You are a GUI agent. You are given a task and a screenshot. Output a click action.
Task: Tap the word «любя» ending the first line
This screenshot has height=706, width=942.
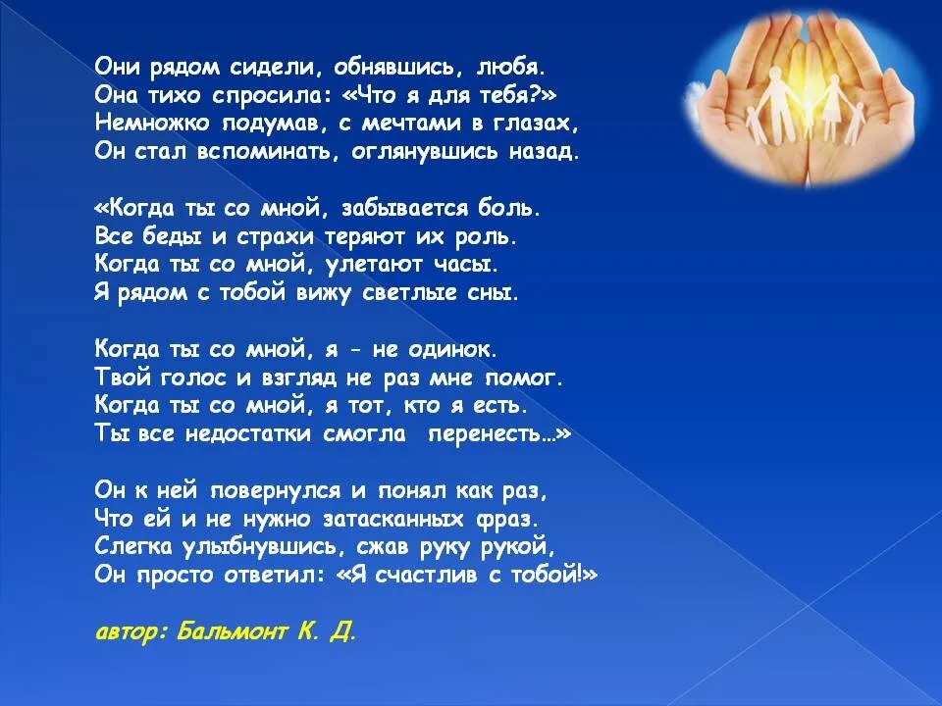pyautogui.click(x=509, y=68)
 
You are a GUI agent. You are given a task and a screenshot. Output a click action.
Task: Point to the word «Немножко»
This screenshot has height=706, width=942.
pyautogui.click(x=152, y=124)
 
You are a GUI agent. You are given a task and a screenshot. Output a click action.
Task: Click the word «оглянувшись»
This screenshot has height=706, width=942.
pyautogui.click(x=424, y=152)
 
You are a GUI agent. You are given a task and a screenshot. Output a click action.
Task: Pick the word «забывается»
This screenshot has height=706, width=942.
pyautogui.click(x=404, y=208)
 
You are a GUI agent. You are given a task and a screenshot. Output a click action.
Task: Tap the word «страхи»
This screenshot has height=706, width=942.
pyautogui.click(x=275, y=237)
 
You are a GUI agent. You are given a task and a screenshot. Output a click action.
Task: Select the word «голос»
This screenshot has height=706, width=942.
pyautogui.click(x=193, y=378)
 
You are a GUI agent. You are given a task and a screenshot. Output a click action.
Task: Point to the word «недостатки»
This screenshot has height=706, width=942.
pyautogui.click(x=247, y=433)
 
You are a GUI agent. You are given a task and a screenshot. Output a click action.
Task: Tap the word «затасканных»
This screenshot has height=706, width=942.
pyautogui.click(x=393, y=518)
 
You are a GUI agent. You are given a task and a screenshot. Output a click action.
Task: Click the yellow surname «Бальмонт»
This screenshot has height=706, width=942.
pyautogui.click(x=232, y=631)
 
